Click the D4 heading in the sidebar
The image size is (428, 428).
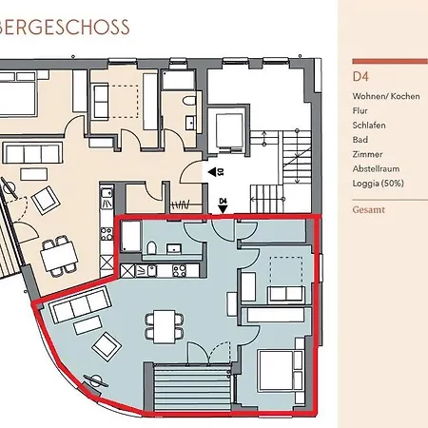360,77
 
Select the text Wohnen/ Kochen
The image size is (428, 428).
386,96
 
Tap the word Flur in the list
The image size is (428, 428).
360,110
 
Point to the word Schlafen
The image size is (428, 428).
369,126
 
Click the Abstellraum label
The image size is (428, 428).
376,168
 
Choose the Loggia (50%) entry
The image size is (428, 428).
378,184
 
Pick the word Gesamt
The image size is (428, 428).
369,209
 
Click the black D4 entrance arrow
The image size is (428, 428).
224,209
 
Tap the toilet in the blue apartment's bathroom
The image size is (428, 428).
151,247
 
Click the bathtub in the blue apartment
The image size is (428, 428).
131,237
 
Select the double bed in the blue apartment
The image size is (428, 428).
281,370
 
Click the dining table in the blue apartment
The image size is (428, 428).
165,327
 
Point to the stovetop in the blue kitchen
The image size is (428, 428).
180,271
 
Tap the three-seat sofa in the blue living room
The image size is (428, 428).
80,304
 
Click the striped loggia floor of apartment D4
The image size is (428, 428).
192,389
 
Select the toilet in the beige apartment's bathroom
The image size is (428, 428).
189,102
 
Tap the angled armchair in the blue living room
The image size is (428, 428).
107,345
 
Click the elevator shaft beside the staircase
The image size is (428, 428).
229,130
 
